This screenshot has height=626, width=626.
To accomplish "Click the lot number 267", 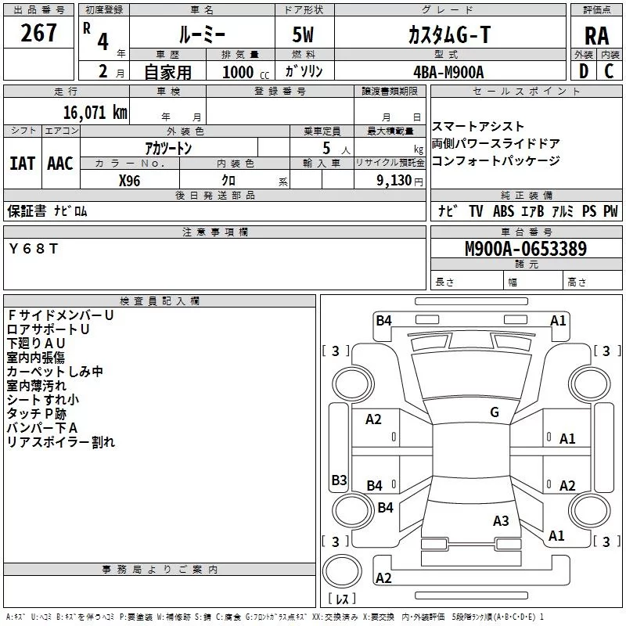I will (39, 33).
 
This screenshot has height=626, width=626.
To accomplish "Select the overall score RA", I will (596, 35).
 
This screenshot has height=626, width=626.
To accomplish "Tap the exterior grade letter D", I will (582, 70).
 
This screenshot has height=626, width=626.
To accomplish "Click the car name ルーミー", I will (201, 34).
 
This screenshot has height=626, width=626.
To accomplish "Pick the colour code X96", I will (130, 181).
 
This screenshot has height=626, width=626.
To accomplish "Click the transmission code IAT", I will (22, 164).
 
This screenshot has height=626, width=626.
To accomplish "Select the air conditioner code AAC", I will (59, 164).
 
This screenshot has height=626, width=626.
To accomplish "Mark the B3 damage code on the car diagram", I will (339, 480).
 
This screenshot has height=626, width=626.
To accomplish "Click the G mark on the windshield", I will (495, 412).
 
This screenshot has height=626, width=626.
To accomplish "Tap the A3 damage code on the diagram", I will (501, 520).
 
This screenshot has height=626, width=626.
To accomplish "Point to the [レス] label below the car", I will (342, 599).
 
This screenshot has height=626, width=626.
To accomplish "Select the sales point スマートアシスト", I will (478, 127).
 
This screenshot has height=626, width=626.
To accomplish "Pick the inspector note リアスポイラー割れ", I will (61, 442).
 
